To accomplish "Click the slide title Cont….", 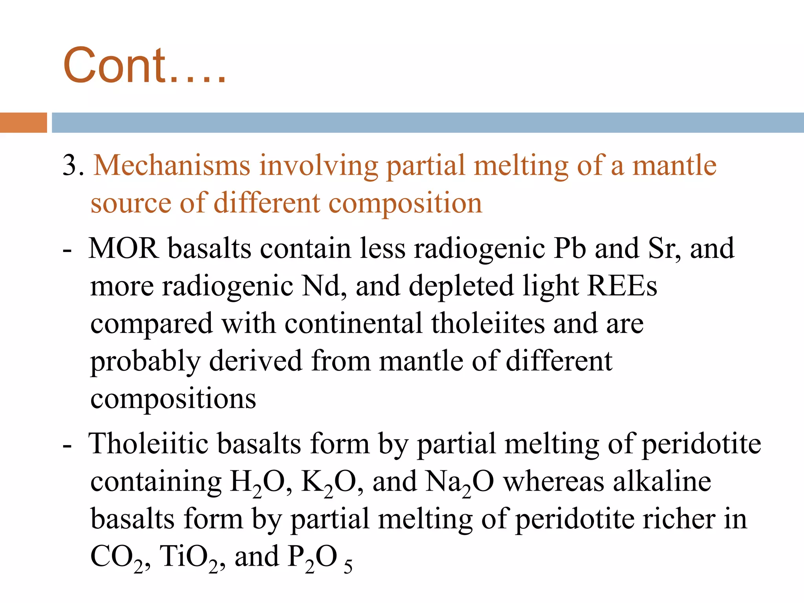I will [144, 66].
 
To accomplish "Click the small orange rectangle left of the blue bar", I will [23, 122].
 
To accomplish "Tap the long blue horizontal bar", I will [427, 122].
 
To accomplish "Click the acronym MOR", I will [124, 249].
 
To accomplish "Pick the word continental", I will [353, 323].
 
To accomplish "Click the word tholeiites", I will [488, 323].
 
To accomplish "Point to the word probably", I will [145, 362].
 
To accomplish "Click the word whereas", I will [554, 482].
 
